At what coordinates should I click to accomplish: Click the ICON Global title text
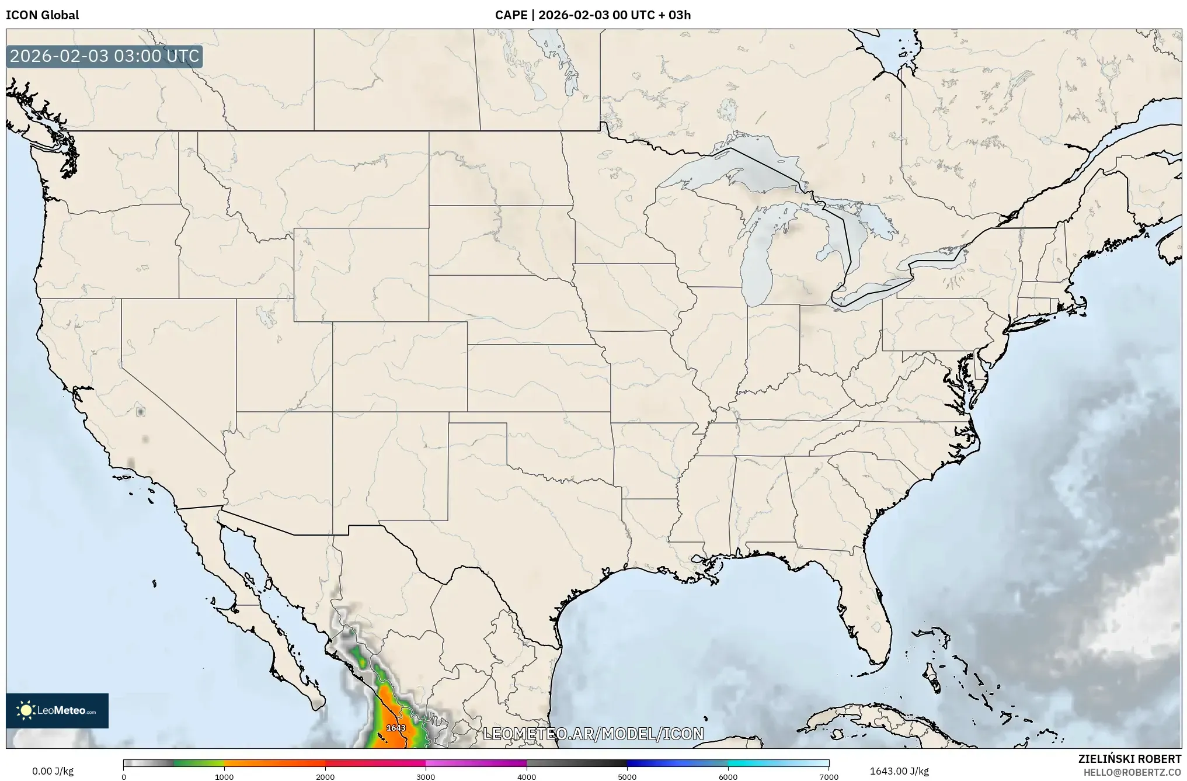tap(42, 15)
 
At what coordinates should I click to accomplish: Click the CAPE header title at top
tap(593, 15)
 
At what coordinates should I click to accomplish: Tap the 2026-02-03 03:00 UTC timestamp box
tap(105, 57)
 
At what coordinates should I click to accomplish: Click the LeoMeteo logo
tap(57, 710)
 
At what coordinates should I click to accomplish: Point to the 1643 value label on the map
tap(396, 728)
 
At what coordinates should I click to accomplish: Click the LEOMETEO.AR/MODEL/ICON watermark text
tap(593, 734)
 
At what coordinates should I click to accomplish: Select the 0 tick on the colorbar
tap(124, 776)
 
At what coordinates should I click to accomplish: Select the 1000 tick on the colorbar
tap(224, 776)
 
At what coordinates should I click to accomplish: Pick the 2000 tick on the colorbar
tap(325, 776)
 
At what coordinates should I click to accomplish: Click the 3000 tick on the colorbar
tap(426, 776)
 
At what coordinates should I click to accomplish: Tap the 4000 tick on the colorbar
tap(527, 776)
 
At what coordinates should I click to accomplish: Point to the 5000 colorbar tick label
tap(627, 776)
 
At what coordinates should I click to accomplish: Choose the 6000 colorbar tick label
tap(728, 776)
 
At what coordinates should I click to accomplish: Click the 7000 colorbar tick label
tap(829, 776)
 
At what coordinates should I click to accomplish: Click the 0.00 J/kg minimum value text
tap(53, 771)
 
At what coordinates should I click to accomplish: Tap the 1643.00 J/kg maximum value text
tap(899, 771)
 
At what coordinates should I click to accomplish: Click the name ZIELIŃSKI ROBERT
tap(1129, 759)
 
